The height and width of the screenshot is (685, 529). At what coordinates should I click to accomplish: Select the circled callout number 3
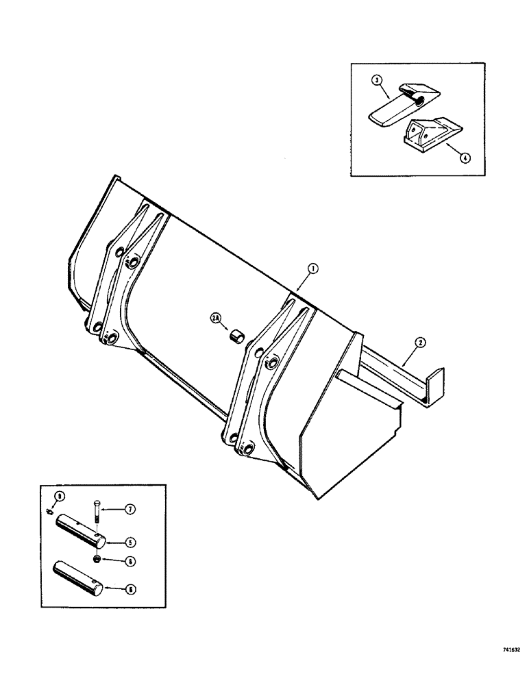tap(375, 80)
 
